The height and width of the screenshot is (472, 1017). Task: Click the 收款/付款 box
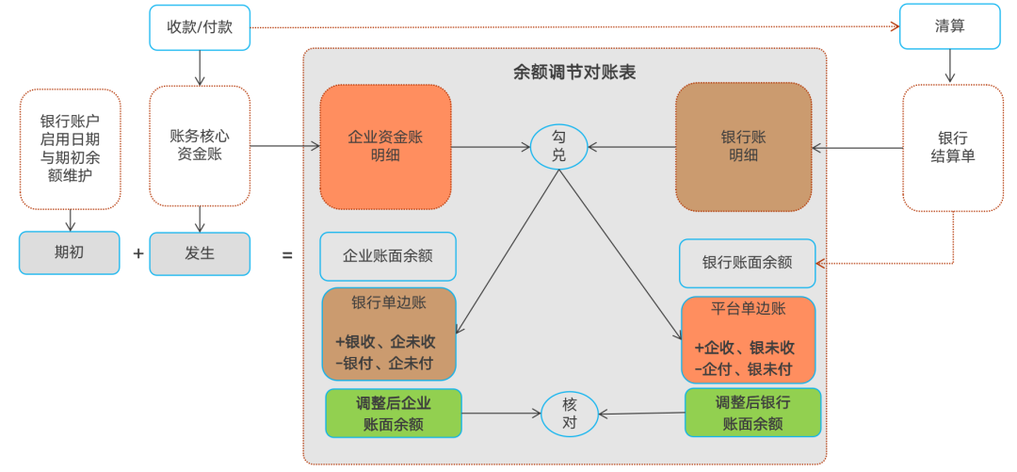(199, 27)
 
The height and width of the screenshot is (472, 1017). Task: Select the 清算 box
(949, 26)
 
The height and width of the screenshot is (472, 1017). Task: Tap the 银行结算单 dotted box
(952, 147)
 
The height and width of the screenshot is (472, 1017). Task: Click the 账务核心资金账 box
(200, 145)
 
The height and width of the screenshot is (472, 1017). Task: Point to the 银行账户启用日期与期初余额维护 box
(70, 149)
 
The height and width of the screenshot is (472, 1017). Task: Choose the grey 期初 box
(70, 253)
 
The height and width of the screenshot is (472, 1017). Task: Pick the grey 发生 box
(200, 253)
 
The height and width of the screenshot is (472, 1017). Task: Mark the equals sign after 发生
(288, 255)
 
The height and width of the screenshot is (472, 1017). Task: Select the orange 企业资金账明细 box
(385, 146)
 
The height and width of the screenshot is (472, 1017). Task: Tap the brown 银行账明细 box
(744, 146)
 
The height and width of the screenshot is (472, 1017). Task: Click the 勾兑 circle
(558, 146)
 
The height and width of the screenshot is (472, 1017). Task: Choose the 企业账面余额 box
(388, 256)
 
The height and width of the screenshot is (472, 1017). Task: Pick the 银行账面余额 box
(748, 263)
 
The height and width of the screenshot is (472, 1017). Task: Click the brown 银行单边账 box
(389, 334)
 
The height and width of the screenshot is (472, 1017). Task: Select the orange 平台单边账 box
(748, 339)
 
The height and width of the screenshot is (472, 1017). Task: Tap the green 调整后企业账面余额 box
(394, 413)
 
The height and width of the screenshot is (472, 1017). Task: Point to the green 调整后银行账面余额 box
(752, 413)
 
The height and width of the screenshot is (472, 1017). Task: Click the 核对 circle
(570, 414)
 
